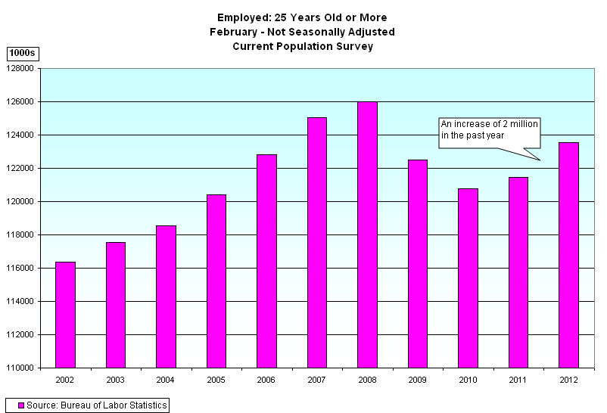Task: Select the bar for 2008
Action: (x=367, y=234)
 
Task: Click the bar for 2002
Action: (x=65, y=315)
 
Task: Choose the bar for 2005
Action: (x=216, y=281)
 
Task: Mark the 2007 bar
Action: (x=317, y=242)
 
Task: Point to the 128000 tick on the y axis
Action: (x=22, y=68)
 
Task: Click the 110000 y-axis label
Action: (x=22, y=368)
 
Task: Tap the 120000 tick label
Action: (x=22, y=201)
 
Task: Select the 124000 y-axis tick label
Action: (x=22, y=135)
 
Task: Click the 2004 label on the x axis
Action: (x=166, y=379)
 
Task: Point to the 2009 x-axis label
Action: (x=418, y=379)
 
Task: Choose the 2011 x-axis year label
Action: (x=518, y=379)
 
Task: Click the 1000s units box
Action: (x=22, y=53)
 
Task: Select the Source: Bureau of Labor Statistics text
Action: (x=96, y=405)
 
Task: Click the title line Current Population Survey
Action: (x=302, y=47)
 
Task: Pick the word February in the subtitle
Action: (x=233, y=32)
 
